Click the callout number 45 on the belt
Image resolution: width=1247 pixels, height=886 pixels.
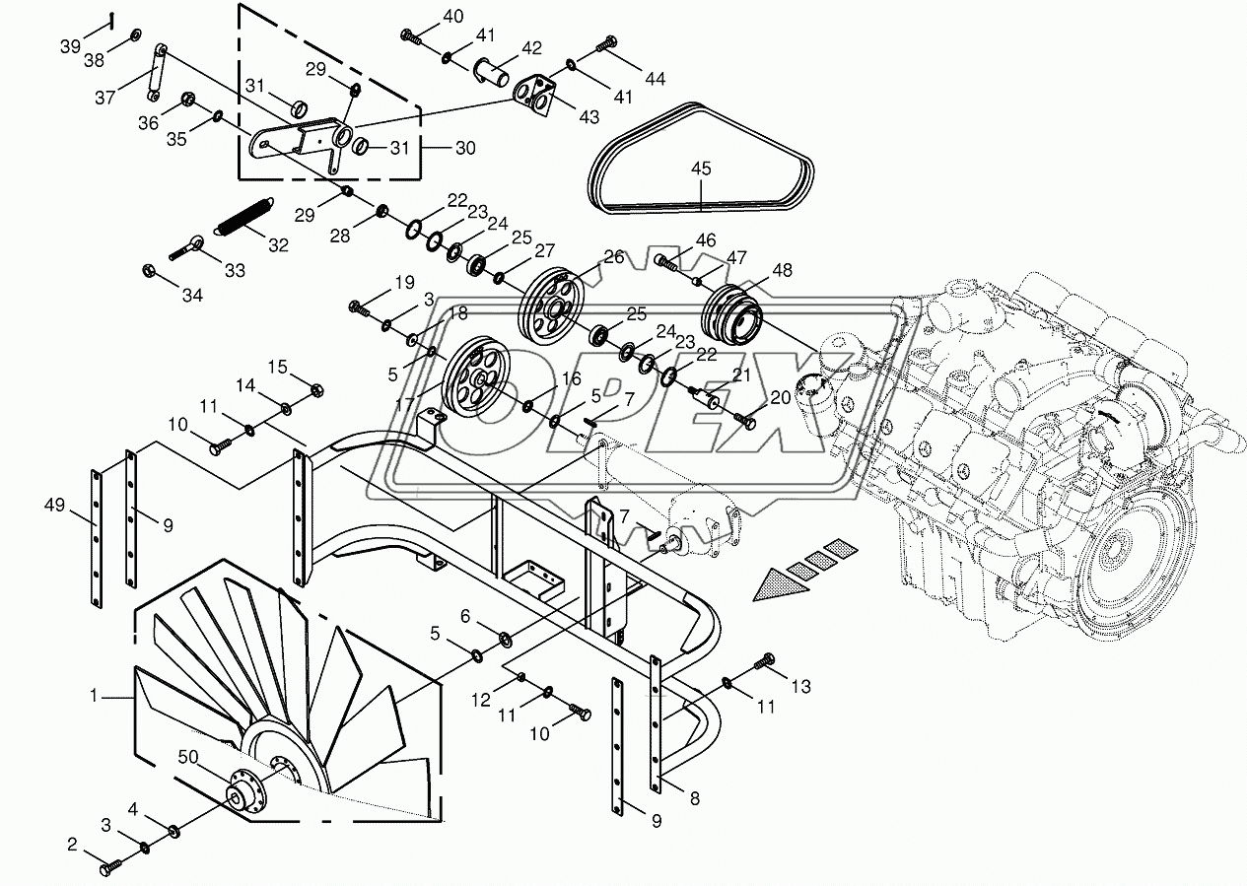701,169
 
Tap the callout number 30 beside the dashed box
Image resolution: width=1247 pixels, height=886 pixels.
465,148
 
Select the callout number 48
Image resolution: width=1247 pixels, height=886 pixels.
782,270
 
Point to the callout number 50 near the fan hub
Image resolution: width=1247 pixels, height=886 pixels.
188,757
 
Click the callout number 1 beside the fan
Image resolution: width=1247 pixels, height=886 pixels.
94,696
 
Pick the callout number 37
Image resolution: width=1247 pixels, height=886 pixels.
104,98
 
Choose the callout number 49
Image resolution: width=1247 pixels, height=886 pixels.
54,506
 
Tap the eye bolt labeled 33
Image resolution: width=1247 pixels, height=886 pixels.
186,247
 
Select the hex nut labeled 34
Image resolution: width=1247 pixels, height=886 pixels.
149,270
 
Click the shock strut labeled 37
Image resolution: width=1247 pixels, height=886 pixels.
157,72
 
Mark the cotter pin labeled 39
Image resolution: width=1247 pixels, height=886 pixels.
112,21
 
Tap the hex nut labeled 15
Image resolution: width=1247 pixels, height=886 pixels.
315,390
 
